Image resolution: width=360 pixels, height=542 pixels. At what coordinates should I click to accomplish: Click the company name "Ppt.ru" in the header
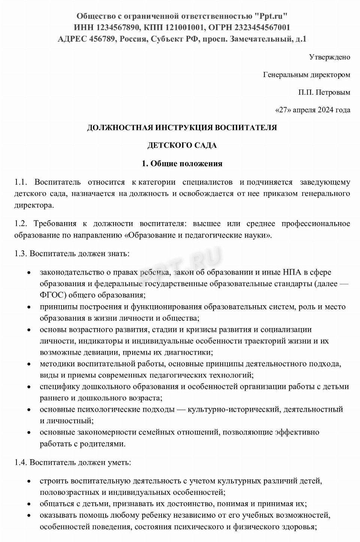[271, 16]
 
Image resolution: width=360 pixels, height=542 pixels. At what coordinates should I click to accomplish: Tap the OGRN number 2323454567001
[262, 27]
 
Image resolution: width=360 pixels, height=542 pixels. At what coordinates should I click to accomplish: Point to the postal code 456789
[102, 39]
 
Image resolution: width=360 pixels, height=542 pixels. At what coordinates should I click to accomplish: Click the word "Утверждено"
[329, 57]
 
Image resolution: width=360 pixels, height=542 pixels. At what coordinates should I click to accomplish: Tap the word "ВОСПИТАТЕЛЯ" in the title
[246, 128]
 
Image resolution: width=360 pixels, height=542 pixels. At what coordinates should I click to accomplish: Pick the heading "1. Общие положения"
[182, 164]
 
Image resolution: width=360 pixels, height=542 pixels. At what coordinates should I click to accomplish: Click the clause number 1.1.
[21, 182]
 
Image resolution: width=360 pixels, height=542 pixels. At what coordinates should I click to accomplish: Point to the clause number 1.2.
[21, 224]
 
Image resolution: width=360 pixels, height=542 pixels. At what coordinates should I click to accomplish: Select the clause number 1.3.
[21, 254]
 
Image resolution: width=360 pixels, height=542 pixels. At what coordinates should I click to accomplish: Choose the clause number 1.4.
[21, 462]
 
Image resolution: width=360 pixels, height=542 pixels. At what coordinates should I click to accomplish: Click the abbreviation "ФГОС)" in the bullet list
[53, 295]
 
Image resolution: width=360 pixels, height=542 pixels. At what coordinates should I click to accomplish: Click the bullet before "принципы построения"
[29, 307]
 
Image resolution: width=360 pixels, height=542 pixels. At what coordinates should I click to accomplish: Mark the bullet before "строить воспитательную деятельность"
[29, 481]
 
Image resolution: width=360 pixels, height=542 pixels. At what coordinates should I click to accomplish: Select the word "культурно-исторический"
[234, 409]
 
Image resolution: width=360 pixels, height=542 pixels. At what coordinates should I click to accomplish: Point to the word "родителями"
[103, 444]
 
